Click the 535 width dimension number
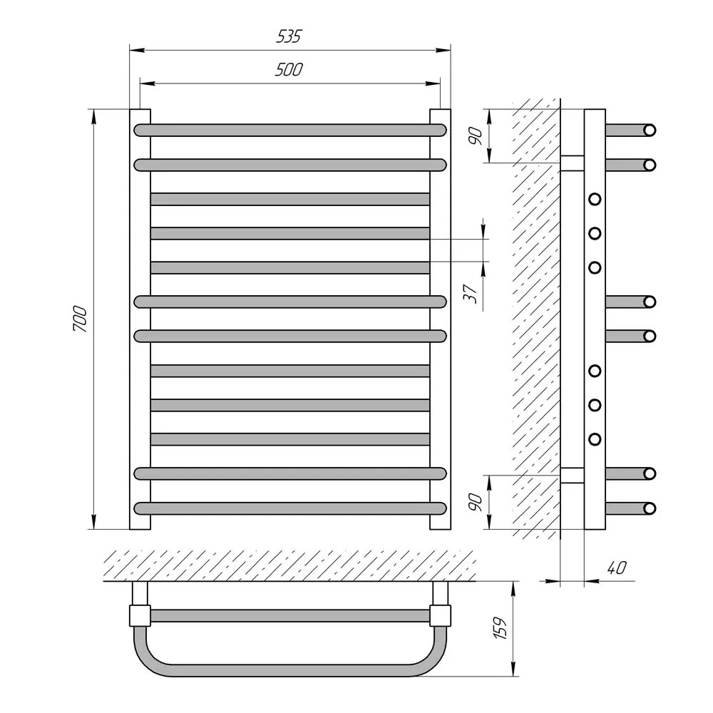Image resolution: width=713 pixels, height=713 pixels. [x=289, y=36]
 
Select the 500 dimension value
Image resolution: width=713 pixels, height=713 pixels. [x=289, y=70]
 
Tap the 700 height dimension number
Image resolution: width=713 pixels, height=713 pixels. [x=80, y=319]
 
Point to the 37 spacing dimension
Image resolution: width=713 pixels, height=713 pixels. [x=471, y=294]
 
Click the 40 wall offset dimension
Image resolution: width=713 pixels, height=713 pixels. [x=617, y=568]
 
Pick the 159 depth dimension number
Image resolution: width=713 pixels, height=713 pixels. [x=501, y=628]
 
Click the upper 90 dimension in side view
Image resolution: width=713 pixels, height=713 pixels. [x=476, y=136]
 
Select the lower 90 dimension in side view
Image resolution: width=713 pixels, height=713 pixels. [x=476, y=502]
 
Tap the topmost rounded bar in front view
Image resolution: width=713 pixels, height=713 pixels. [x=290, y=130]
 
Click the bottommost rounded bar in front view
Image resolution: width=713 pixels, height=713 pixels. [x=290, y=508]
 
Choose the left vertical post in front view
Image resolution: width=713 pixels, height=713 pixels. [x=140, y=319]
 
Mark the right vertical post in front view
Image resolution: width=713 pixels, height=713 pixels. [x=440, y=319]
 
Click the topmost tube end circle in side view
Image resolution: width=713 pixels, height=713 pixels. [x=650, y=130]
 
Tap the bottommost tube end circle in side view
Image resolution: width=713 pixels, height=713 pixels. [x=650, y=508]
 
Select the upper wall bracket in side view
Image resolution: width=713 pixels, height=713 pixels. [x=572, y=163]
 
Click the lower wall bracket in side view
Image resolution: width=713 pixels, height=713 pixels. [x=572, y=475]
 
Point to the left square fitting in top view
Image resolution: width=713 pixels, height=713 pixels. [x=140, y=616]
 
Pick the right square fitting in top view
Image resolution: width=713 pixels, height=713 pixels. [x=440, y=616]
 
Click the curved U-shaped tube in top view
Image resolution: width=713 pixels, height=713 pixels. [x=290, y=670]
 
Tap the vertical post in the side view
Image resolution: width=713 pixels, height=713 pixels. [x=595, y=319]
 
